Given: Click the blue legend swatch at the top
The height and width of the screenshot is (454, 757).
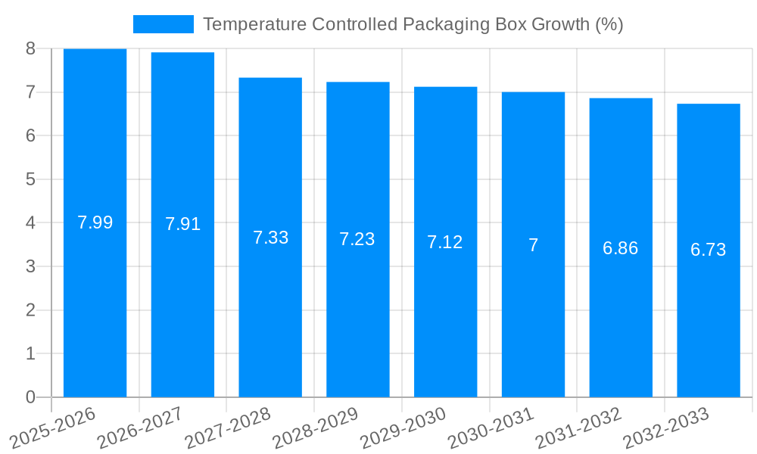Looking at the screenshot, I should pyautogui.click(x=163, y=24).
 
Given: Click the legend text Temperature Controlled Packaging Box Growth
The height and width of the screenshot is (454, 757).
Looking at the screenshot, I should pyautogui.click(x=413, y=24).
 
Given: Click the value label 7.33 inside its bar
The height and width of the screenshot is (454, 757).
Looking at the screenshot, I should pyautogui.click(x=270, y=238).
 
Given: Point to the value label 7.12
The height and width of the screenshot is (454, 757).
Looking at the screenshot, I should pyautogui.click(x=445, y=242).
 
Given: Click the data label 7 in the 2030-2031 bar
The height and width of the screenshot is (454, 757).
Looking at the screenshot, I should pyautogui.click(x=533, y=245).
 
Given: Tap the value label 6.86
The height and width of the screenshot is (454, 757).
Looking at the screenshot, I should pyautogui.click(x=621, y=248).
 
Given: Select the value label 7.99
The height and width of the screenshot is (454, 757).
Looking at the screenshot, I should pyautogui.click(x=95, y=222).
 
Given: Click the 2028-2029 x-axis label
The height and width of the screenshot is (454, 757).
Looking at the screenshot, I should pyautogui.click(x=315, y=427).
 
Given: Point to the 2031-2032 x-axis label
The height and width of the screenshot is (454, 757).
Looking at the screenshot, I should pyautogui.click(x=578, y=427).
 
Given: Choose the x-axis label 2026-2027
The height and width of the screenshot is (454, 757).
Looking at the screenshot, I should pyautogui.click(x=140, y=427).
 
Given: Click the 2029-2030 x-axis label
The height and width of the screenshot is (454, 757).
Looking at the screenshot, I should pyautogui.click(x=403, y=427).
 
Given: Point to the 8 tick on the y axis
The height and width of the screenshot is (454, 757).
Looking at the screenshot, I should pyautogui.click(x=30, y=48).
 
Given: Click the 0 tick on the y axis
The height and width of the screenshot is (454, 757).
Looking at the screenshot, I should pyautogui.click(x=30, y=397).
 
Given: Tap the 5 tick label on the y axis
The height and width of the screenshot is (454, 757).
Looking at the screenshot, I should pyautogui.click(x=30, y=179).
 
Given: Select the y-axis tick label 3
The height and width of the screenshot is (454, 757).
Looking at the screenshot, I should pyautogui.click(x=30, y=266).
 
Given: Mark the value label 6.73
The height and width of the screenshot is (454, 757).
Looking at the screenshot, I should pyautogui.click(x=709, y=250).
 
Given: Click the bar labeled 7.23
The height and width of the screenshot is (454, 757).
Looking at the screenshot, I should pyautogui.click(x=358, y=318).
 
